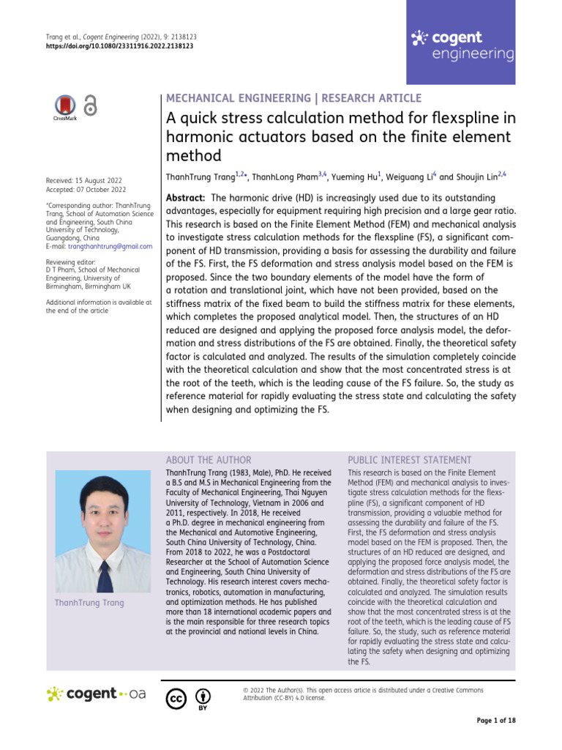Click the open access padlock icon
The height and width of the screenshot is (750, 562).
tap(90, 106)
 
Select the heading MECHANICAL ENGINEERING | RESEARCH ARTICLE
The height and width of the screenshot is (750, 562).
tap(294, 98)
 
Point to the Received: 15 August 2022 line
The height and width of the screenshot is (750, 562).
tap(83, 180)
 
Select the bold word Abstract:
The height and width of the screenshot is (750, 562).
tap(185, 198)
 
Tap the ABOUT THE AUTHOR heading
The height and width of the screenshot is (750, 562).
tap(209, 460)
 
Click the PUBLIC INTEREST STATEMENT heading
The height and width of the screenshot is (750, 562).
tap(410, 460)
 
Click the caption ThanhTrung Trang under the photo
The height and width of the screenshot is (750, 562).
tap(89, 603)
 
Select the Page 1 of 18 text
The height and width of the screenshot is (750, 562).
tap(495, 721)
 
